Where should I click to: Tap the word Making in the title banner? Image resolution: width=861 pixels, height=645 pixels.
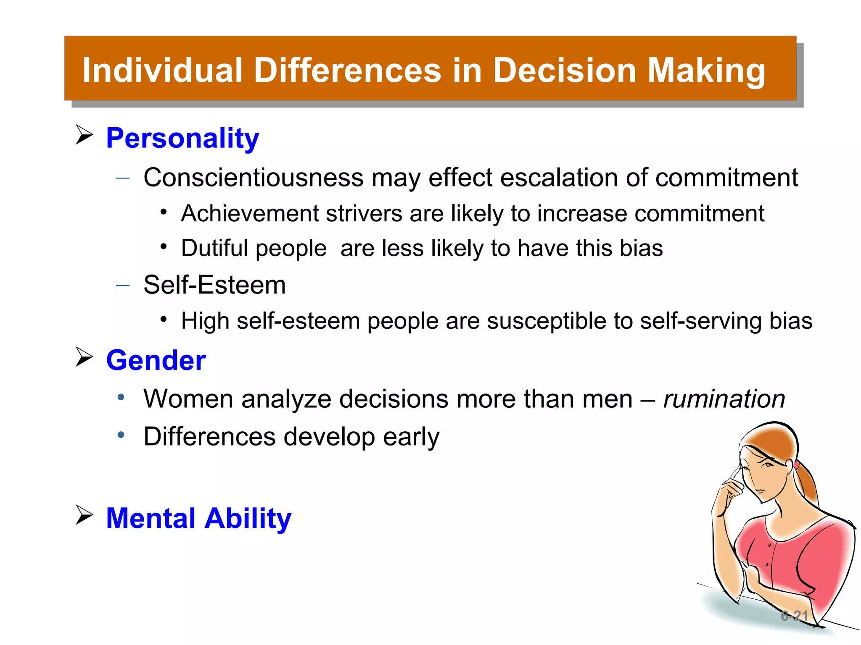point(706,71)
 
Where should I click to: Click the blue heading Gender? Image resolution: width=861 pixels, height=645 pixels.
point(156,360)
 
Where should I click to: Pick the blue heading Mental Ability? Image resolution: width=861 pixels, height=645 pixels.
point(198,518)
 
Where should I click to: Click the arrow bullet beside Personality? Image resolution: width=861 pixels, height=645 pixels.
point(84,135)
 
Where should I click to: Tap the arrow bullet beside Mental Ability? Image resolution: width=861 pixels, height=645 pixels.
point(84,515)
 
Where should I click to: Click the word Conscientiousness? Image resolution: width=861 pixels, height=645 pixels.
point(253,178)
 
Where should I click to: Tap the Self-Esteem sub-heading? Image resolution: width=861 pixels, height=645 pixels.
point(214,285)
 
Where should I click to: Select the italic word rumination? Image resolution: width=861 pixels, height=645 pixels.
point(724,399)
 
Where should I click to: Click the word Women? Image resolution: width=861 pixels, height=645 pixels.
point(188,399)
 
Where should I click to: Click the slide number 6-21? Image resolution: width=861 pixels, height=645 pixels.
point(794,616)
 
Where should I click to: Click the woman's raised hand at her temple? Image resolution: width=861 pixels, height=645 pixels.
point(729,491)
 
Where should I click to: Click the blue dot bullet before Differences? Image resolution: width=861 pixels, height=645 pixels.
point(121,435)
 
